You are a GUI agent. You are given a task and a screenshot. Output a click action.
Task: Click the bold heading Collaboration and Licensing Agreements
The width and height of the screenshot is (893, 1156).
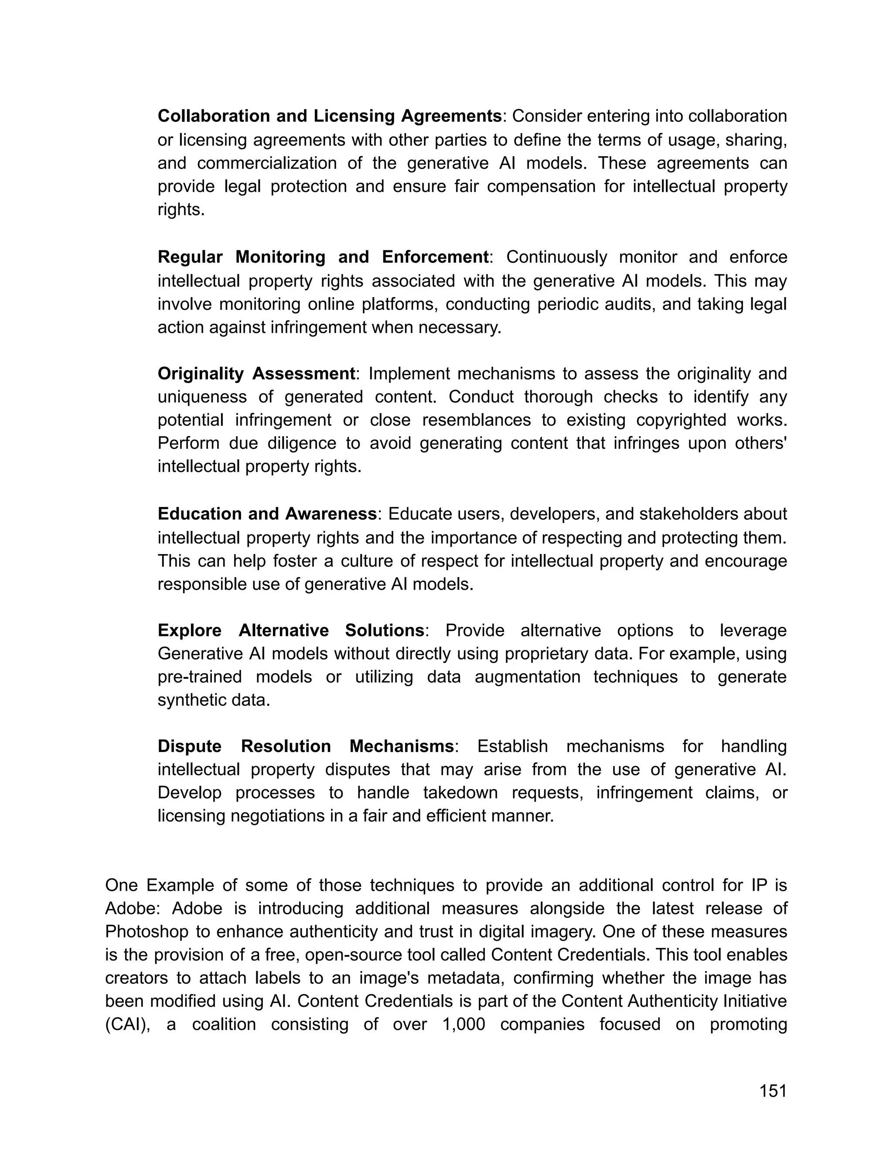click(x=330, y=116)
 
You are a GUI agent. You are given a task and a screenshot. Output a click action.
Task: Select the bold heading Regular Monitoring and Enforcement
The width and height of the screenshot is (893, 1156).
click(x=323, y=257)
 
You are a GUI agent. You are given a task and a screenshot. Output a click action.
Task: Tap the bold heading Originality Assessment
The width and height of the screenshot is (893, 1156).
click(x=256, y=374)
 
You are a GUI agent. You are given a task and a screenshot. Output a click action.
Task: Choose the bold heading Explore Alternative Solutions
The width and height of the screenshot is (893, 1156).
click(x=291, y=630)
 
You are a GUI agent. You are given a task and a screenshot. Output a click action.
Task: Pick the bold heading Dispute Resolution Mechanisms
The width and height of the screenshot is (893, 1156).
click(x=306, y=746)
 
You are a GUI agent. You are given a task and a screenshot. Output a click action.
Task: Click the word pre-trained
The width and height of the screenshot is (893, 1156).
click(x=200, y=677)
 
